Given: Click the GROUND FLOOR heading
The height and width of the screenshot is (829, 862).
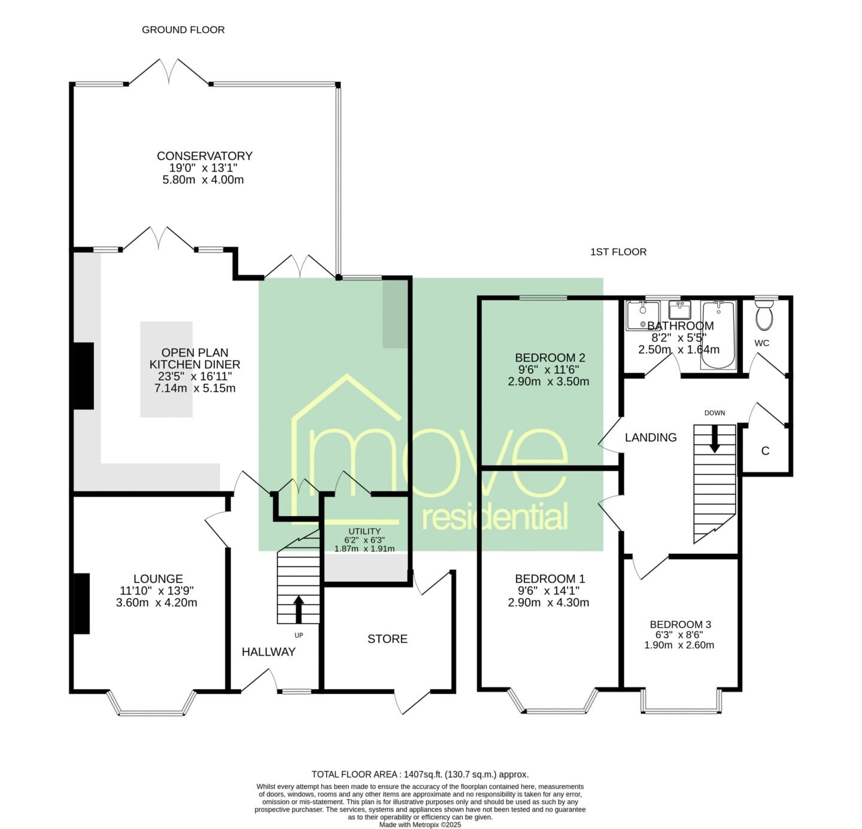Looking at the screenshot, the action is [x=183, y=30].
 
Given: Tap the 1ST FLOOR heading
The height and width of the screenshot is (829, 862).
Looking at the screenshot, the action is [x=618, y=252].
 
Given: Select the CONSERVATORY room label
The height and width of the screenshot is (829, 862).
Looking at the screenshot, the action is [x=205, y=156].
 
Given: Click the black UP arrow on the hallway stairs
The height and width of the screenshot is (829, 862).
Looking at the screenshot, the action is [x=299, y=609].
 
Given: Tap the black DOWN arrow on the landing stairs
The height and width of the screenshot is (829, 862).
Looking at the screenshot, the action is [x=715, y=439].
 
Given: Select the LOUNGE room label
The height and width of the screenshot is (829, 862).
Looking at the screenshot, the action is [x=158, y=578].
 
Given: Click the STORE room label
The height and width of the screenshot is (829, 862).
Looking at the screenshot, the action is [x=387, y=639].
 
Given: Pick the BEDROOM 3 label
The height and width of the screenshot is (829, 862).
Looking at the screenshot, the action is [x=681, y=624].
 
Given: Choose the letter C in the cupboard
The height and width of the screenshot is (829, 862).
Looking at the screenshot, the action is [x=765, y=451].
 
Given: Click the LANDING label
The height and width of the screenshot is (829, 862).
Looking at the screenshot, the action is [x=651, y=437].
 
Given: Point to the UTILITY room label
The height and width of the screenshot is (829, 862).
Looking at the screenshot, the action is [x=364, y=531].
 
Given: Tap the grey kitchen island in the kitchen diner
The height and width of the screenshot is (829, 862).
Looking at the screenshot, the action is [x=166, y=369].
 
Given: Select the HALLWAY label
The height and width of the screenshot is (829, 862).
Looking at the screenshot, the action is [x=268, y=651].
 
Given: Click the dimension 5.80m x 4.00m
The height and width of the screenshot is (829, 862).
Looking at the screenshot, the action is [x=203, y=179].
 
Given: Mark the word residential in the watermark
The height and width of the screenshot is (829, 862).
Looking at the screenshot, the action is [x=494, y=517].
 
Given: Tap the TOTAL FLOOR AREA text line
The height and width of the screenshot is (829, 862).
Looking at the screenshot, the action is [x=420, y=775].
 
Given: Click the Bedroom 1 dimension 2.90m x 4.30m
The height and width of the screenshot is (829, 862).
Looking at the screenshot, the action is [x=548, y=602].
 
